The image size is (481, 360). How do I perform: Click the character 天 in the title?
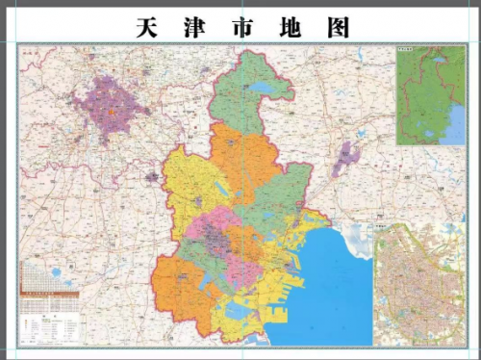pyautogui.click(x=146, y=28)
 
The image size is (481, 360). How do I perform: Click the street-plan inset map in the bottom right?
pyautogui.click(x=419, y=284)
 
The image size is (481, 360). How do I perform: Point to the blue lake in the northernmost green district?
pyautogui.click(x=261, y=90)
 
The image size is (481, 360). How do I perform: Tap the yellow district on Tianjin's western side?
pyautogui.click(x=188, y=193)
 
